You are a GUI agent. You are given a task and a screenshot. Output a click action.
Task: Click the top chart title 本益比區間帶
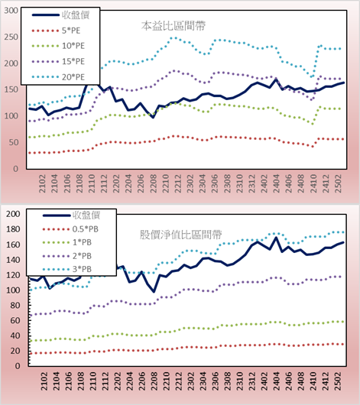(174, 26)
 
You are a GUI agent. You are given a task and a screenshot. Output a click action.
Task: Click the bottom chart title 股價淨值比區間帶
(181, 235)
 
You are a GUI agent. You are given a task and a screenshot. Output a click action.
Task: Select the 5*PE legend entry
(56, 31)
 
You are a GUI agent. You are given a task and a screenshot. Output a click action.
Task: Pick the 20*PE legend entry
(58, 77)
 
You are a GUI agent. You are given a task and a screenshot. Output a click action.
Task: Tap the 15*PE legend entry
(58, 61)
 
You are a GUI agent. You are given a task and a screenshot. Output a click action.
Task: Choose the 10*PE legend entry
(58, 46)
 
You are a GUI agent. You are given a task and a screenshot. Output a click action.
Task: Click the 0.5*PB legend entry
(70, 229)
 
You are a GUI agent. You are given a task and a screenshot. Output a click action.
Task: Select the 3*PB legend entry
(67, 269)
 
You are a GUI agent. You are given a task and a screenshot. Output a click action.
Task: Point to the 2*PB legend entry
(67, 256)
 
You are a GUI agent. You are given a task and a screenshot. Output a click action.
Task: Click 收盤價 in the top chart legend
(60, 15)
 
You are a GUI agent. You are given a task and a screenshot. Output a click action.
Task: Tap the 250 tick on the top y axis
(11, 37)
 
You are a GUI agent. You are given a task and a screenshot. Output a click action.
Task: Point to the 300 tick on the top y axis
(11, 11)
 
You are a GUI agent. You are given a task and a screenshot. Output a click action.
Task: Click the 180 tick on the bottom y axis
(13, 229)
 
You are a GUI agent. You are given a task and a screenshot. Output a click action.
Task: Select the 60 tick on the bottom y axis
(15, 320)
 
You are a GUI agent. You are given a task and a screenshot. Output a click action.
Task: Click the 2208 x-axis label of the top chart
(153, 183)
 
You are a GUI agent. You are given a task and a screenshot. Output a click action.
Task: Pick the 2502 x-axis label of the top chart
(338, 183)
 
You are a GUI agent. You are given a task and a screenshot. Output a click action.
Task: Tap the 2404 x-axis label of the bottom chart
(277, 381)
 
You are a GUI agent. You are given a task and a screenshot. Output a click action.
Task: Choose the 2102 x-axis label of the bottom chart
(44, 381)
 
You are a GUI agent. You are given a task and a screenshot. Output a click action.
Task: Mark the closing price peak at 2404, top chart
(276, 79)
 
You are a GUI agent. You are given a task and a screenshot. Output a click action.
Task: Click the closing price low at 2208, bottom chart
(154, 292)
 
